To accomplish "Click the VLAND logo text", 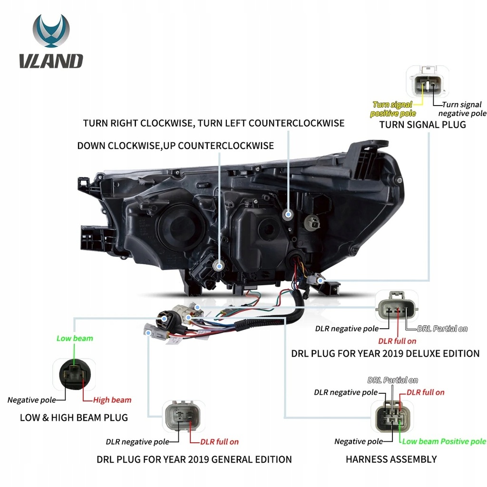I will (51, 61).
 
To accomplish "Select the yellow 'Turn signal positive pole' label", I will (393, 109).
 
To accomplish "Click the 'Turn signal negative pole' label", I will (462, 109).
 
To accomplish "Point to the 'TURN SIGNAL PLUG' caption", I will (422, 125).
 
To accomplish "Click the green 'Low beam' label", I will (75, 339).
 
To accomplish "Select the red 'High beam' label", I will (112, 400).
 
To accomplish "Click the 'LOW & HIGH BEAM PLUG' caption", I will (74, 418).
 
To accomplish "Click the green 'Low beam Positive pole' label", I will (444, 441).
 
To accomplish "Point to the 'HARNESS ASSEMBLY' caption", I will (391, 459).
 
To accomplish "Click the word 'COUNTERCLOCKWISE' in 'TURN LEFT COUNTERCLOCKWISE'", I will (296, 123).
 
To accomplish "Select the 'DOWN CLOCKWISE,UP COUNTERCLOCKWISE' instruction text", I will (175, 146).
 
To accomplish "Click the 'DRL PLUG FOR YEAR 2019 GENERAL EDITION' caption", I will (194, 459).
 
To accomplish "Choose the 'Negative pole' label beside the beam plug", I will (31, 400).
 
